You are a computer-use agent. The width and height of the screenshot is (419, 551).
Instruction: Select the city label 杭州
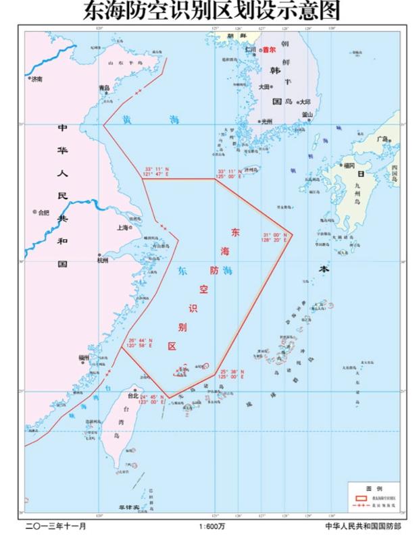click(103, 260)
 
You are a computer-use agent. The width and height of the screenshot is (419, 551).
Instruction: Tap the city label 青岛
click(104, 87)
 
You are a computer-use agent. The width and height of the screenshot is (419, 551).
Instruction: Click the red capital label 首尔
click(270, 49)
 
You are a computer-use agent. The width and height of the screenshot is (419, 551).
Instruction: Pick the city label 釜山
click(307, 114)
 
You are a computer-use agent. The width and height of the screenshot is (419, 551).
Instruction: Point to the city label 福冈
click(349, 165)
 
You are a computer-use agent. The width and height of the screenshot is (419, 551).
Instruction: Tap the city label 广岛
click(384, 139)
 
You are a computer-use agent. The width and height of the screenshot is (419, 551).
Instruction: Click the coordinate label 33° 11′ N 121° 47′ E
click(158, 172)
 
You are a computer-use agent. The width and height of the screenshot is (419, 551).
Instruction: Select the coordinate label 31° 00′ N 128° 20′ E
click(275, 237)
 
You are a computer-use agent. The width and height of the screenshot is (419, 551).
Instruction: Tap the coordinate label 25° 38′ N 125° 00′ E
click(232, 373)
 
